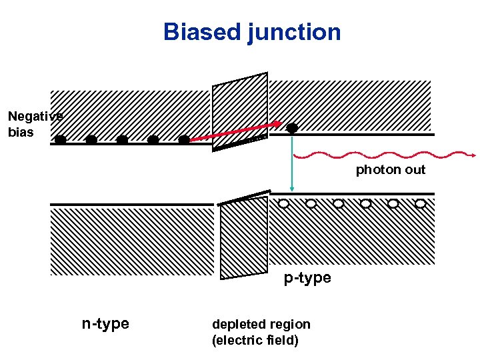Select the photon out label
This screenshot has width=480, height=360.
click(390, 170)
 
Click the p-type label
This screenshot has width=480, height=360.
click(307, 277)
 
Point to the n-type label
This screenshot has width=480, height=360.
click(105, 324)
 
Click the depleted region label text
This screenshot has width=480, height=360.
click(261, 325)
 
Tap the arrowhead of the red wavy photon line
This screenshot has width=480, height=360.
click(472, 156)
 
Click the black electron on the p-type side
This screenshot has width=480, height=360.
click(292, 127)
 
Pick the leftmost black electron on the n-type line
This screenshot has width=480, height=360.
click(61, 140)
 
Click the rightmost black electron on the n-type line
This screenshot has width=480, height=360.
click(184, 140)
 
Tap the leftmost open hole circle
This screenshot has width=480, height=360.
click(284, 203)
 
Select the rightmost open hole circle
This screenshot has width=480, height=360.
click(421, 203)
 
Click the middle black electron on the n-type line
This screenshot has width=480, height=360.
click(122, 140)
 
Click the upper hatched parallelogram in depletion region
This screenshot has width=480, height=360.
click(240, 110)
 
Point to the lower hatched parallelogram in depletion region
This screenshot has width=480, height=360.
click(243, 237)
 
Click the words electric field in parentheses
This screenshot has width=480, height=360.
click(255, 341)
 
